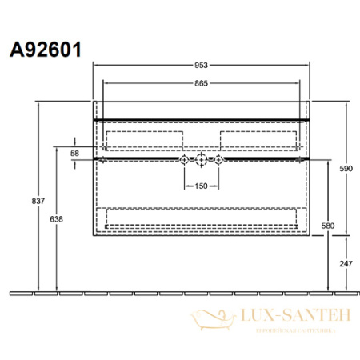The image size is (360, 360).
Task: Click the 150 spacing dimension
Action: coord(202,186)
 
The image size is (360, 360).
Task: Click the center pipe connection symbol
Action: coord(202,160)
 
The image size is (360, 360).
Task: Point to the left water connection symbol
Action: coord(186,160)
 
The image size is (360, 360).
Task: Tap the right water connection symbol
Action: coord(217,160)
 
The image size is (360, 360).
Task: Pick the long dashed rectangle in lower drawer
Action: coord(202,218)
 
